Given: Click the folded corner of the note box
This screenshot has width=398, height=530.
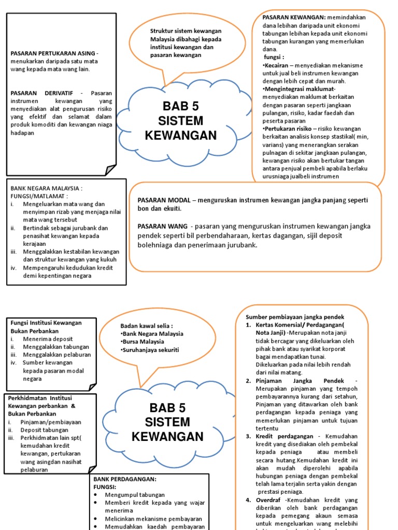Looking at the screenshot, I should (110, 170).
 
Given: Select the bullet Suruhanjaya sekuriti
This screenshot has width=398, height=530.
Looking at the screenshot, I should (150, 350).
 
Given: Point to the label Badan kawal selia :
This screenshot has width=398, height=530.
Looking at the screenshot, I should (146, 326).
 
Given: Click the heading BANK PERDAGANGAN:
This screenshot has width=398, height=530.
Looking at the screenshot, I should (124, 479).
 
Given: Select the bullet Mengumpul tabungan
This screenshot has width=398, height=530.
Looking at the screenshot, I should (135, 495).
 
